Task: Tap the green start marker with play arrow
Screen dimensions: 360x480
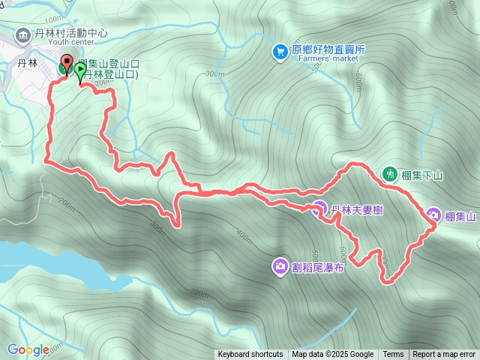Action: (79, 71)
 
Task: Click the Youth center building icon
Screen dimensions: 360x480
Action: (23, 34)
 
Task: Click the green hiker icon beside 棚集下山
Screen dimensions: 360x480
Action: (389, 174)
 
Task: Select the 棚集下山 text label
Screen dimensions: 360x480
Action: (423, 175)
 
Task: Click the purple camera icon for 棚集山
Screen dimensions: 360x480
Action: (433, 216)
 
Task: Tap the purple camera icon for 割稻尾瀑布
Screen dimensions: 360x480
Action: (280, 265)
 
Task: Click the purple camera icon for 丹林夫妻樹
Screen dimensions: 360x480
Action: (319, 209)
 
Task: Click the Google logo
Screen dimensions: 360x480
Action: (28, 349)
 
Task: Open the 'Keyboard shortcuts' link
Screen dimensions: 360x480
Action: (250, 355)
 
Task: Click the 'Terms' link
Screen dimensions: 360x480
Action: (393, 355)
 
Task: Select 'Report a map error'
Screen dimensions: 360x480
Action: (444, 355)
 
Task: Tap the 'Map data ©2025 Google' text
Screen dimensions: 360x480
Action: (333, 355)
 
